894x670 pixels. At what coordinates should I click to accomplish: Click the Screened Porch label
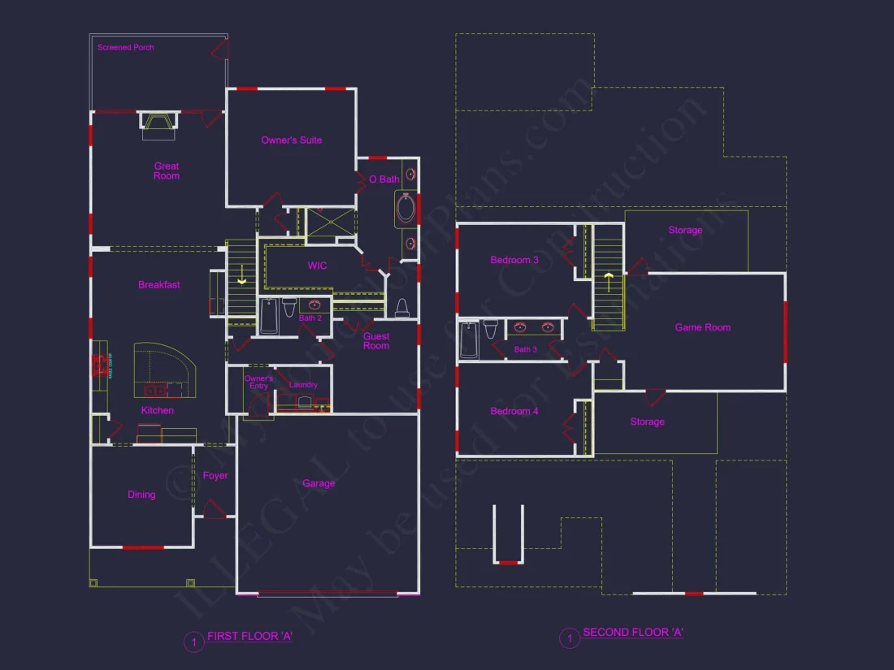pyautogui.click(x=126, y=48)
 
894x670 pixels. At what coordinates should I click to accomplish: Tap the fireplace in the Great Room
pyautogui.click(x=158, y=121)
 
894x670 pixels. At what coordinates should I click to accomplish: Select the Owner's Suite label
pyautogui.click(x=291, y=140)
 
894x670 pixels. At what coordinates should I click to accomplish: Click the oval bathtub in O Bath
pyautogui.click(x=406, y=209)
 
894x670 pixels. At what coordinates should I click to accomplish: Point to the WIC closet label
pyautogui.click(x=317, y=266)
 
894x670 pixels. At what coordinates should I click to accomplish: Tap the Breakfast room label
pyautogui.click(x=159, y=285)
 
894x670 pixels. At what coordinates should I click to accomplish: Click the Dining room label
pyautogui.click(x=141, y=495)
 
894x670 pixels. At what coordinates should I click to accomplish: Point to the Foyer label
pyautogui.click(x=215, y=476)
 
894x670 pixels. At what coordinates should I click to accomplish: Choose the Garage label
pyautogui.click(x=319, y=483)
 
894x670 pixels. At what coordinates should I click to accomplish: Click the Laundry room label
pyautogui.click(x=303, y=385)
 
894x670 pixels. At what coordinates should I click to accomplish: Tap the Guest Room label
pyautogui.click(x=376, y=341)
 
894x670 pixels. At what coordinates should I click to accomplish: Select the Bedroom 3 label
pyautogui.click(x=514, y=261)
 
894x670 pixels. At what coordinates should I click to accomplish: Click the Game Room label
pyautogui.click(x=703, y=327)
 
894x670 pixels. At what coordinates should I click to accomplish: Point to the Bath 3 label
pyautogui.click(x=526, y=349)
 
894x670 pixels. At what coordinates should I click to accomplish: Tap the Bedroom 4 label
pyautogui.click(x=514, y=412)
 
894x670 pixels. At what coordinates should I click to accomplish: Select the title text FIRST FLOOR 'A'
pyautogui.click(x=250, y=637)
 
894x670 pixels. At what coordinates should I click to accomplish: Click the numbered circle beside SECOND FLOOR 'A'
pyautogui.click(x=569, y=638)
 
